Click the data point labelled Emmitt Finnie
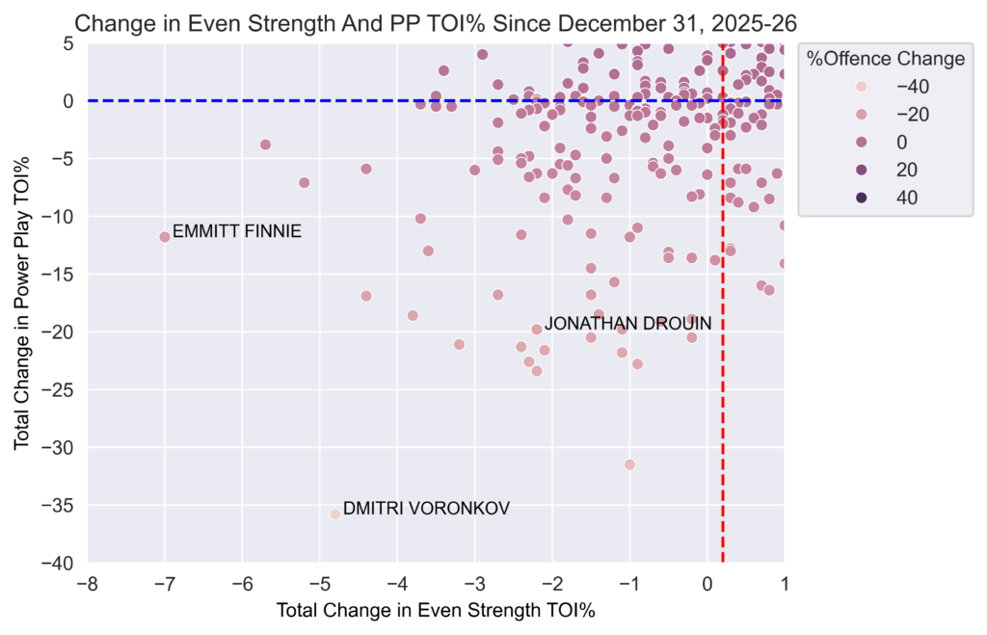(165, 236)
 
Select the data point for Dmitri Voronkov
(335, 514)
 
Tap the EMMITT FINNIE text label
(237, 231)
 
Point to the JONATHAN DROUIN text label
(627, 324)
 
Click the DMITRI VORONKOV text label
(426, 508)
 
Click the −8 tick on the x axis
(87, 585)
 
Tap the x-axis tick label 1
(784, 585)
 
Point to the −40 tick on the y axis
(57, 563)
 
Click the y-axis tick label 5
(68, 42)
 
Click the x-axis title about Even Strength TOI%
(436, 611)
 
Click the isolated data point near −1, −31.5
(629, 464)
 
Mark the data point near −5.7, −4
(266, 145)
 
